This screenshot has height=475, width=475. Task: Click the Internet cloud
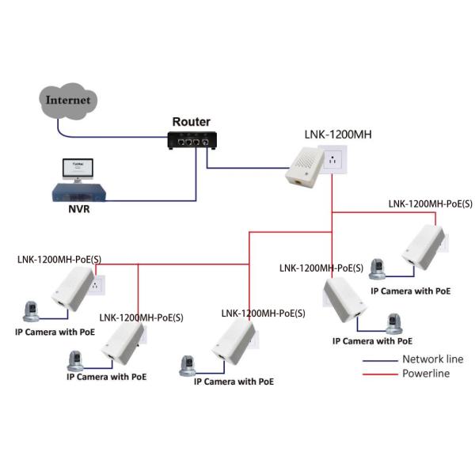point(69,101)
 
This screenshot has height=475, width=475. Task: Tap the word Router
point(192,122)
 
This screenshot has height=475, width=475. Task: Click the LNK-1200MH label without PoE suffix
point(337,135)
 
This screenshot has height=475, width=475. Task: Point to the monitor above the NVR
point(77,169)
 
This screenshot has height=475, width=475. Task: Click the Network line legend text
point(432,359)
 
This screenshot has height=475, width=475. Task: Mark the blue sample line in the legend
point(379,360)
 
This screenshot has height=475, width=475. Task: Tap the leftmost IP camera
point(33,310)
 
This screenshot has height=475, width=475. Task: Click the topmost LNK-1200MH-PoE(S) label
point(430,203)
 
